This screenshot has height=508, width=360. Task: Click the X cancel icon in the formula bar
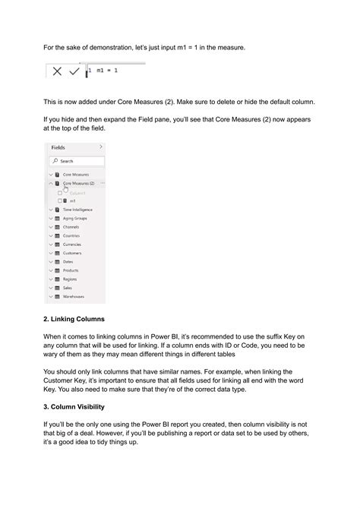tap(58, 71)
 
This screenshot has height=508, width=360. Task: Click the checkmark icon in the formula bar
tap(74, 71)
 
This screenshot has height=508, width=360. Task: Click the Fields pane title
tap(58, 147)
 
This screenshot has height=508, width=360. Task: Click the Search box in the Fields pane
tap(77, 161)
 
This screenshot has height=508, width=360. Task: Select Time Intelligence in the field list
tap(77, 209)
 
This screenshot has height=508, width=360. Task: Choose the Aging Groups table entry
tap(75, 218)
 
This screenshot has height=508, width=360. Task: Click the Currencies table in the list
tap(73, 244)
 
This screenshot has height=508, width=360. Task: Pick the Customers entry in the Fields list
tap(73, 253)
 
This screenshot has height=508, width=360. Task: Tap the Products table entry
tap(71, 270)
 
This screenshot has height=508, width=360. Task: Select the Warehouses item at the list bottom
tap(74, 296)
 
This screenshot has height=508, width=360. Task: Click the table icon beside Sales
tap(57, 288)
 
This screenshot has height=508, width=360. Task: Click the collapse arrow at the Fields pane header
tap(101, 147)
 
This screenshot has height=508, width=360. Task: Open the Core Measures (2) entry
tap(78, 183)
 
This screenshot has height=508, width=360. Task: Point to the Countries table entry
tap(72, 235)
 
